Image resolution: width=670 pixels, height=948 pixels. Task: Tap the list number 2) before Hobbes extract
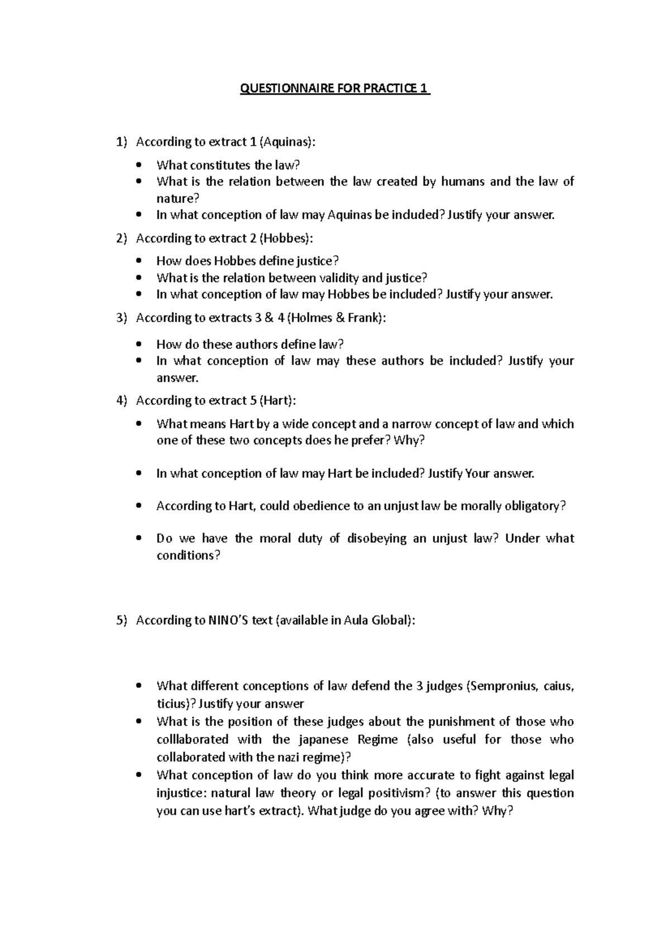click(122, 238)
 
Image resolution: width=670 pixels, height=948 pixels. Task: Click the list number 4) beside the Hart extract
click(122, 400)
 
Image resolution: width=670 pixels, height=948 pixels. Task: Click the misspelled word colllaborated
click(192, 739)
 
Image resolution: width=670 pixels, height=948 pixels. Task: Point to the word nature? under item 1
click(178, 198)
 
